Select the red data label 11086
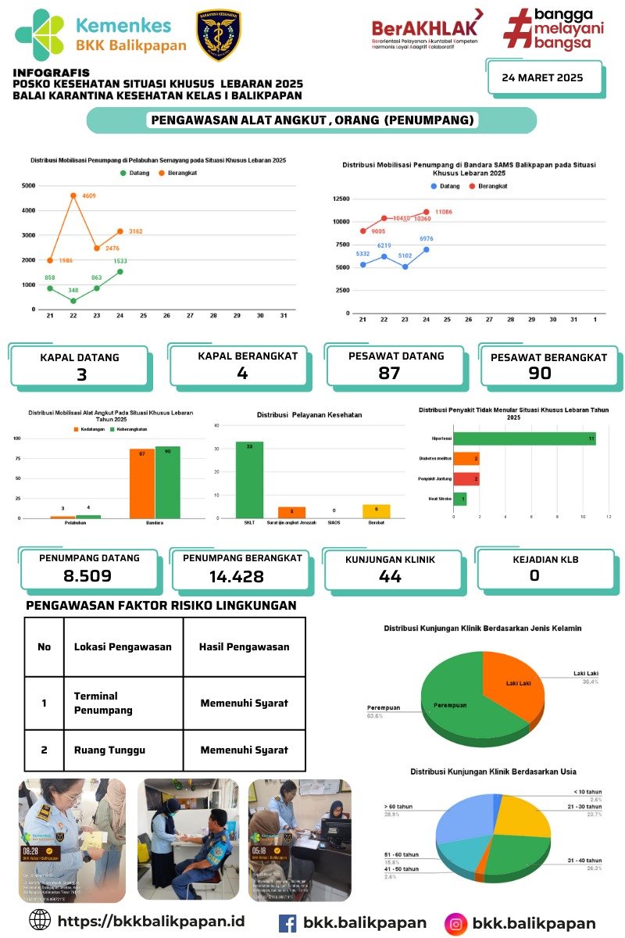(444, 212)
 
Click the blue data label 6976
(427, 238)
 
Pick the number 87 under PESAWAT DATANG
(389, 374)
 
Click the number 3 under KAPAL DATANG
(80, 374)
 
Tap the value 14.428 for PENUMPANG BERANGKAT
(237, 577)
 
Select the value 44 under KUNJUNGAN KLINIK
(390, 576)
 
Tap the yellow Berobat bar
(376, 510)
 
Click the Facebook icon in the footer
(287, 923)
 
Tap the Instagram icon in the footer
(456, 923)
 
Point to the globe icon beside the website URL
(40, 920)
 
